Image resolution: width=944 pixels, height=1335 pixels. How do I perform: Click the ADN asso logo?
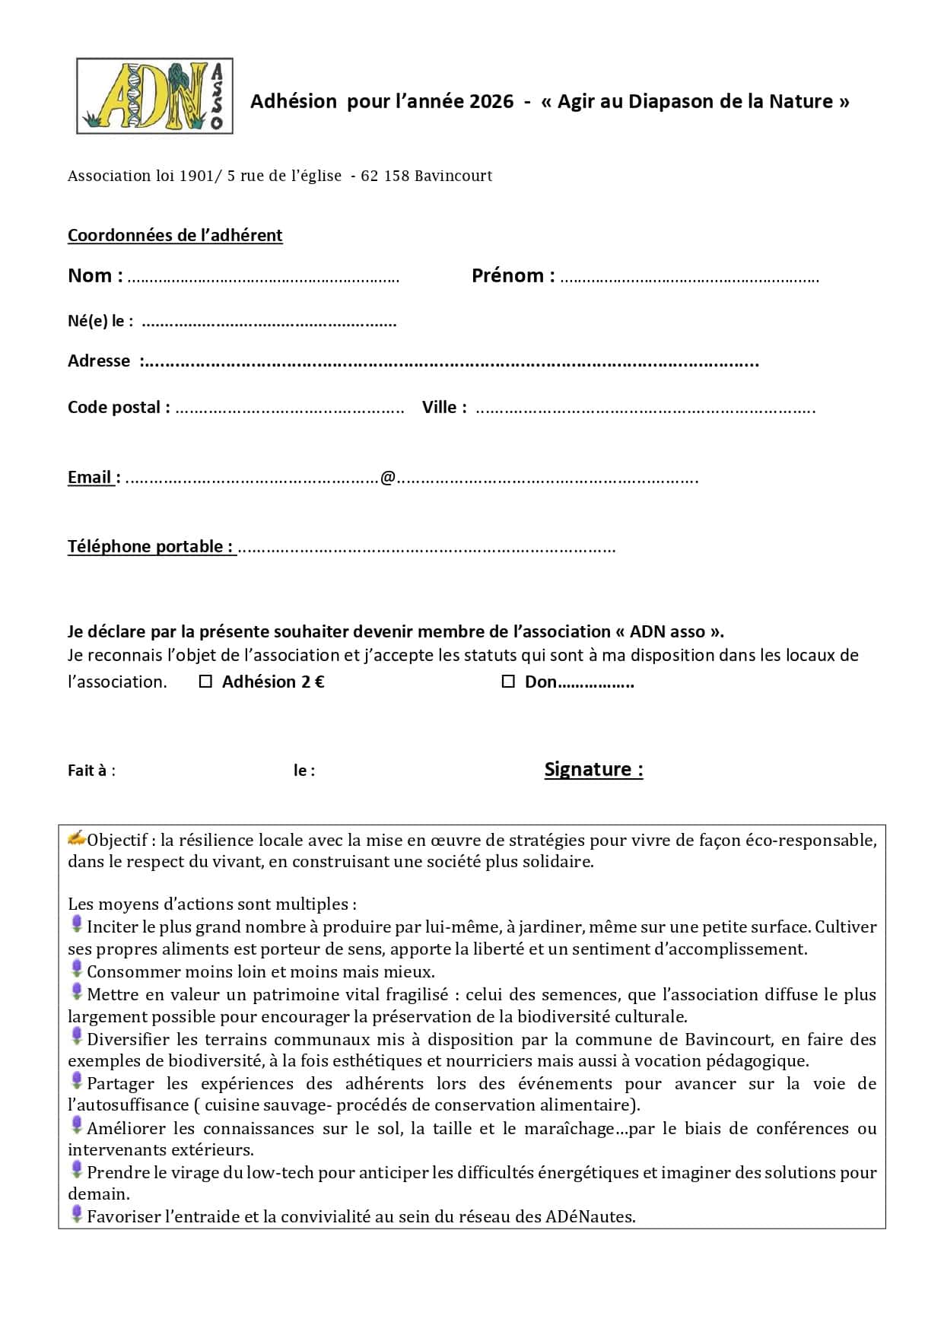point(154,97)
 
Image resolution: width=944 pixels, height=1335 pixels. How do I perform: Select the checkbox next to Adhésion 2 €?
point(205,682)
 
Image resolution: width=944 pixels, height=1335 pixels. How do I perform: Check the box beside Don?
point(508,682)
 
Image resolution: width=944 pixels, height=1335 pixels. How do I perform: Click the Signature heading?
point(593,769)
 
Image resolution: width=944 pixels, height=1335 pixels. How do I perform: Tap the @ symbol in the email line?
point(388,478)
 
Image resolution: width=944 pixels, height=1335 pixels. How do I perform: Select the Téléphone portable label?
point(150,546)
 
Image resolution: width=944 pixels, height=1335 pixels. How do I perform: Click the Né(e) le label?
point(100,321)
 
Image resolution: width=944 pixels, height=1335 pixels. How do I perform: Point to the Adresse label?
point(99,361)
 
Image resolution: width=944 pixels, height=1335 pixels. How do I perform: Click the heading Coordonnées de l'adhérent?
point(175,235)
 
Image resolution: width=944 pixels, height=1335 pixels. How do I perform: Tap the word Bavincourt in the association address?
point(453,176)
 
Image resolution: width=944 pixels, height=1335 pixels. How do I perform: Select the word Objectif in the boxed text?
point(117,840)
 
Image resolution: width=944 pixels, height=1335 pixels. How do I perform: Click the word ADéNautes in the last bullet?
point(590,1216)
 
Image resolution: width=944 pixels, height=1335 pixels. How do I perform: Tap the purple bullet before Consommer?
point(76,969)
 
